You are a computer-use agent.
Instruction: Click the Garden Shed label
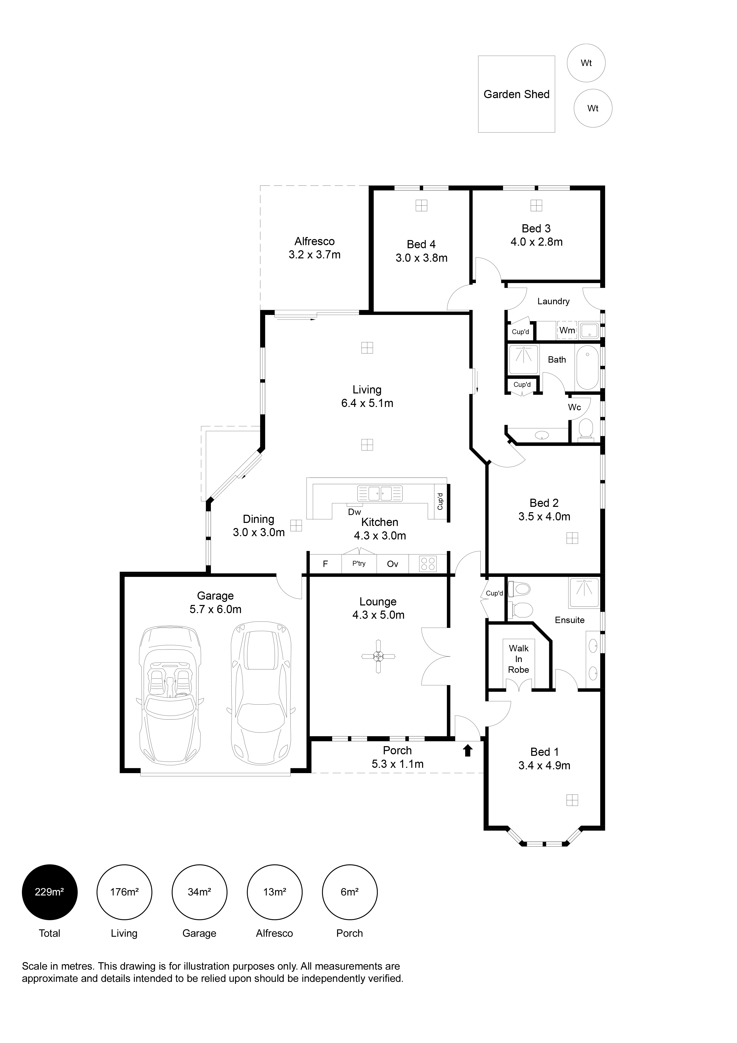(x=516, y=95)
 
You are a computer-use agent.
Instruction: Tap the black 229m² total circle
(x=49, y=892)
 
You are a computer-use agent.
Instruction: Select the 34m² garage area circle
(x=199, y=892)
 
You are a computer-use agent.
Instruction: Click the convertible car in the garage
(x=170, y=695)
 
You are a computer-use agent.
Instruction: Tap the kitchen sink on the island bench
(x=380, y=493)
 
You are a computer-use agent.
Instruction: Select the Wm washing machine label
(x=567, y=330)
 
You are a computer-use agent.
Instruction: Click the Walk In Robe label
(x=519, y=659)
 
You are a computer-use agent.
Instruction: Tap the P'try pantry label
(x=359, y=563)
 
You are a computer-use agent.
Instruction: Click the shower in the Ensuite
(x=584, y=593)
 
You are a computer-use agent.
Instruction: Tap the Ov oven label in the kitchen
(x=392, y=564)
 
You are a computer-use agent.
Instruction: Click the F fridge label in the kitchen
(x=325, y=564)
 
